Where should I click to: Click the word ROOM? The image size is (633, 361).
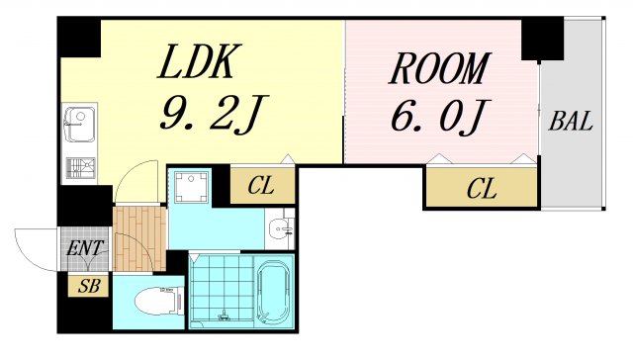439,70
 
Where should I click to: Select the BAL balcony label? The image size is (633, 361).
571,123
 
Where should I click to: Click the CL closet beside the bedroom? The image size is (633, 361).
481,188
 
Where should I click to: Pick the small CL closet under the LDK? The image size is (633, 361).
261,185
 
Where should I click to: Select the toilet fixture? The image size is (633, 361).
158,300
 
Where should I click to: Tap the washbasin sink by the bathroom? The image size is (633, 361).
281,230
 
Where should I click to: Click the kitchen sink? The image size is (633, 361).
78,127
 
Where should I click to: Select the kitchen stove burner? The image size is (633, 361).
78,168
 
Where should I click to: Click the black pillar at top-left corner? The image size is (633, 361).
79,37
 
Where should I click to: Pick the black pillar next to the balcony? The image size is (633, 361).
542,38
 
